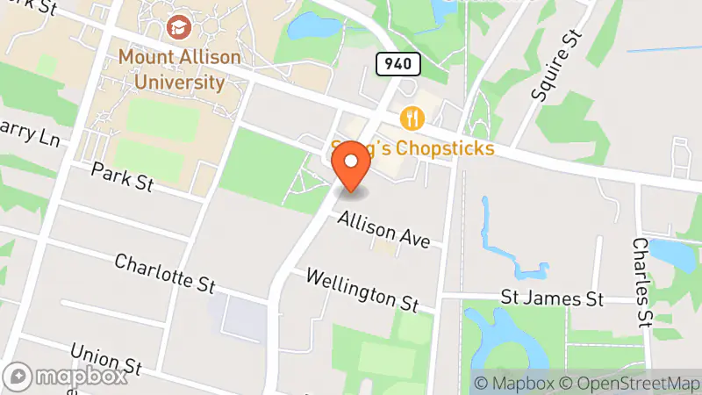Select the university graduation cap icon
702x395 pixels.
point(180,27)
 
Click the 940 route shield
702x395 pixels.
point(398,63)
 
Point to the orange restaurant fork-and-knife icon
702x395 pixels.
point(412,118)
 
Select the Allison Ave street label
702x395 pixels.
point(384,229)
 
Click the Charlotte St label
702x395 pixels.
point(165,273)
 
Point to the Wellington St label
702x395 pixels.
point(362,290)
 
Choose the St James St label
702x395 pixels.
point(552,299)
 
